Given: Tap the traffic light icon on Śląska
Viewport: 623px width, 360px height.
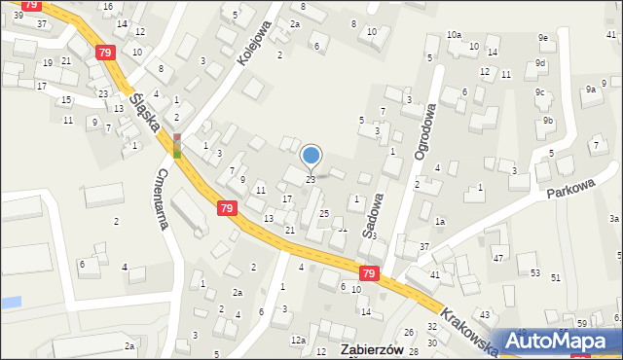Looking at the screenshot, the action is coord(177,146).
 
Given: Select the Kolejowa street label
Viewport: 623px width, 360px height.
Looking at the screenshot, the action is coord(252,45).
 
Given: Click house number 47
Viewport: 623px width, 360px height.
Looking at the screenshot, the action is coord(498,258).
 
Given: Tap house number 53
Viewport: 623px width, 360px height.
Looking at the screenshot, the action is coord(534,272).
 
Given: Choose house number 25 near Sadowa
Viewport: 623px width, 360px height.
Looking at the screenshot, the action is coord(324,213).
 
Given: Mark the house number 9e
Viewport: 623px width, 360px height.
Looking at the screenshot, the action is coord(543,38).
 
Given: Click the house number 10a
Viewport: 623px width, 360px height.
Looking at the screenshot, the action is coord(454,35).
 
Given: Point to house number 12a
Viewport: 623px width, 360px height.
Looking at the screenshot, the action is coord(298,340).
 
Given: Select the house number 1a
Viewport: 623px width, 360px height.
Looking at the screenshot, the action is coord(440,222).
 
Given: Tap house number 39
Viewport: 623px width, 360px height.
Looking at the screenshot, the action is coord(18,16).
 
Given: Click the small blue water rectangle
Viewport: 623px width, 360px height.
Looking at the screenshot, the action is coord(10,303).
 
